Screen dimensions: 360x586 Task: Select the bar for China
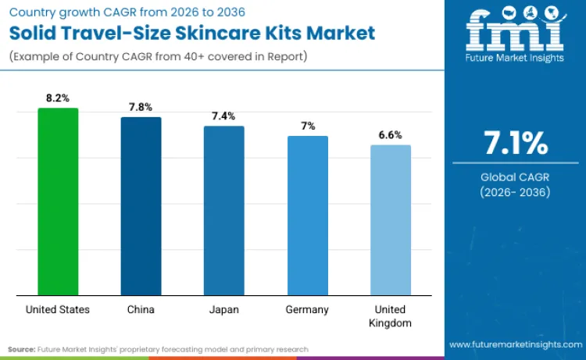pos(141,206)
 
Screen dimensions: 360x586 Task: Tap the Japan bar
pos(223,211)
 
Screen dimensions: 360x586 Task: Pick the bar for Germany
pos(307,216)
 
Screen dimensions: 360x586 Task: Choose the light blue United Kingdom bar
pos(390,220)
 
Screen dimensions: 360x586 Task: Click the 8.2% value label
pos(58,98)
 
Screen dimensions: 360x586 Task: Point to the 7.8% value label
pos(141,107)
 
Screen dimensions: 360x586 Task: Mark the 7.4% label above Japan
pos(223,116)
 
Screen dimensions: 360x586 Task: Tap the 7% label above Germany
pos(307,126)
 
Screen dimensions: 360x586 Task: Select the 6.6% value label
pos(390,134)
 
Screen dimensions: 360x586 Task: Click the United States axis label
pos(58,309)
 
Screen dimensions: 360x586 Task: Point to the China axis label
pos(141,309)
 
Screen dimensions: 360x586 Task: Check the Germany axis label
pos(307,309)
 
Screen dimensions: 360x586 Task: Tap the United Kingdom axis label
pos(390,315)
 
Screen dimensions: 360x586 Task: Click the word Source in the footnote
pos(23,349)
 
